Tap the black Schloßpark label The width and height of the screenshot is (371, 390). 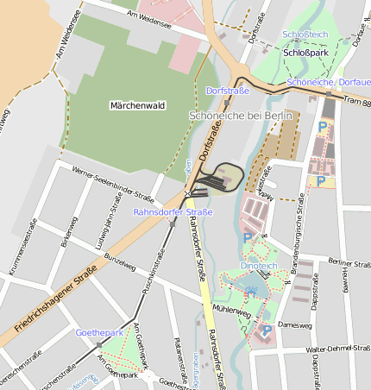[x=305, y=53]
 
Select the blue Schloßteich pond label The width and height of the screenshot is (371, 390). [x=305, y=35]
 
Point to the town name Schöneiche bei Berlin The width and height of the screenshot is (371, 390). [x=241, y=115]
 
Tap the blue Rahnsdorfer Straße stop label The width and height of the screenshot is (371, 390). [x=173, y=211]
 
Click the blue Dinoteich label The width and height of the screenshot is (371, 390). [x=258, y=266]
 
